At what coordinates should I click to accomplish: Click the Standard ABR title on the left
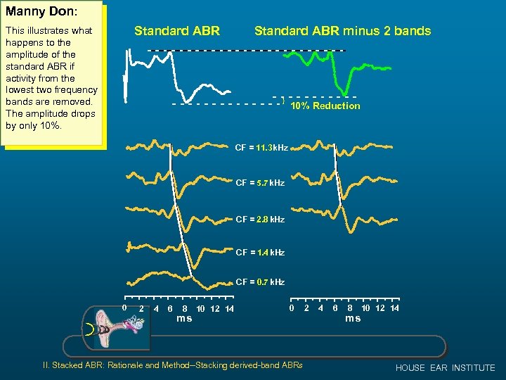177,31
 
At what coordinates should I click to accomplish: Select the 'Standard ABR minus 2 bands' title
342,31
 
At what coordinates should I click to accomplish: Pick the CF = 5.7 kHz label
260,183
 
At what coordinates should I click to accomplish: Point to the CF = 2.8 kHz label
260,220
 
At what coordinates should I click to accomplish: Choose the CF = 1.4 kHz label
260,252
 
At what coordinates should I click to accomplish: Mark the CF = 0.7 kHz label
260,282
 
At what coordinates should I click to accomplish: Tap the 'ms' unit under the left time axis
184,319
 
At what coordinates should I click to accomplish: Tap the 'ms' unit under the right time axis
353,319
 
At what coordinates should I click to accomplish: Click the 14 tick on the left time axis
230,309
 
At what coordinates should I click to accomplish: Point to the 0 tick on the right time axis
292,308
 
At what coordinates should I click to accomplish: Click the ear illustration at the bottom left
117,327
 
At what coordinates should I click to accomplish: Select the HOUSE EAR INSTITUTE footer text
445,368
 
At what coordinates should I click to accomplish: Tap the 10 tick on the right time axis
365,308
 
